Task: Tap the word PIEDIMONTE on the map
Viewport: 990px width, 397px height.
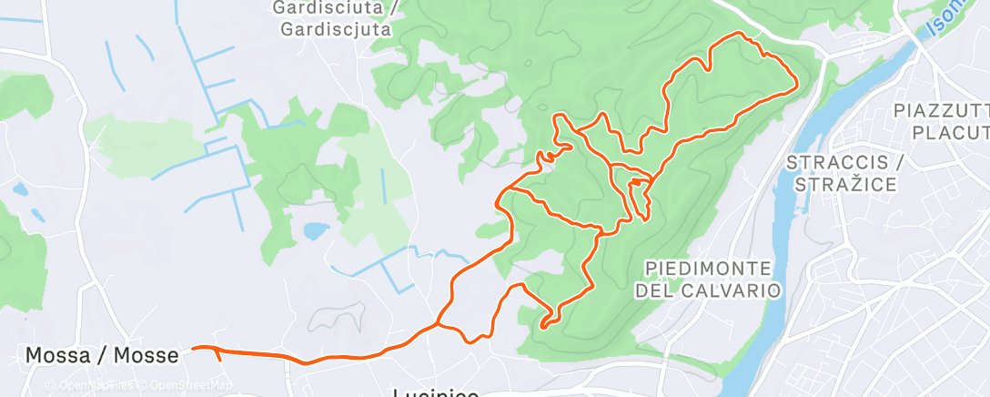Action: (708, 269)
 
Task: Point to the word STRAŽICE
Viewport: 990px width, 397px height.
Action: (845, 185)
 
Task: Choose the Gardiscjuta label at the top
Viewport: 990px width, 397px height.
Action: (336, 28)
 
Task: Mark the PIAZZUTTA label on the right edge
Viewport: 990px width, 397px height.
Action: (942, 111)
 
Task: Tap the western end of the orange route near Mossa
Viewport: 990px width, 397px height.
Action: (193, 347)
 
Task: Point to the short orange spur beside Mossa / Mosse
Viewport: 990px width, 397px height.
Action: (218, 355)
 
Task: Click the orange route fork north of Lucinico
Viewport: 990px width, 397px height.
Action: (439, 322)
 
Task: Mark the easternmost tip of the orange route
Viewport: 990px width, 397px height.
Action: (797, 83)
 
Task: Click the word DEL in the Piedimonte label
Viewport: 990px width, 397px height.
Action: (661, 290)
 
